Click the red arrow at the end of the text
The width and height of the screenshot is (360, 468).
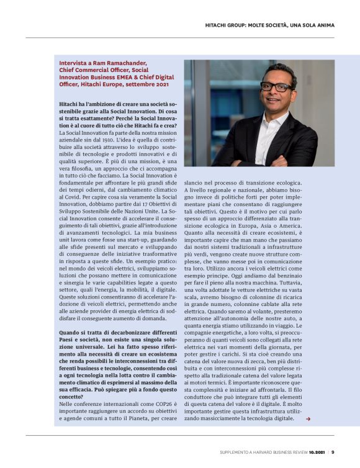308,419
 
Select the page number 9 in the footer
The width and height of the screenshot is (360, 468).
333,452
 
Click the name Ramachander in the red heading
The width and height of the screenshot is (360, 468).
128,63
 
